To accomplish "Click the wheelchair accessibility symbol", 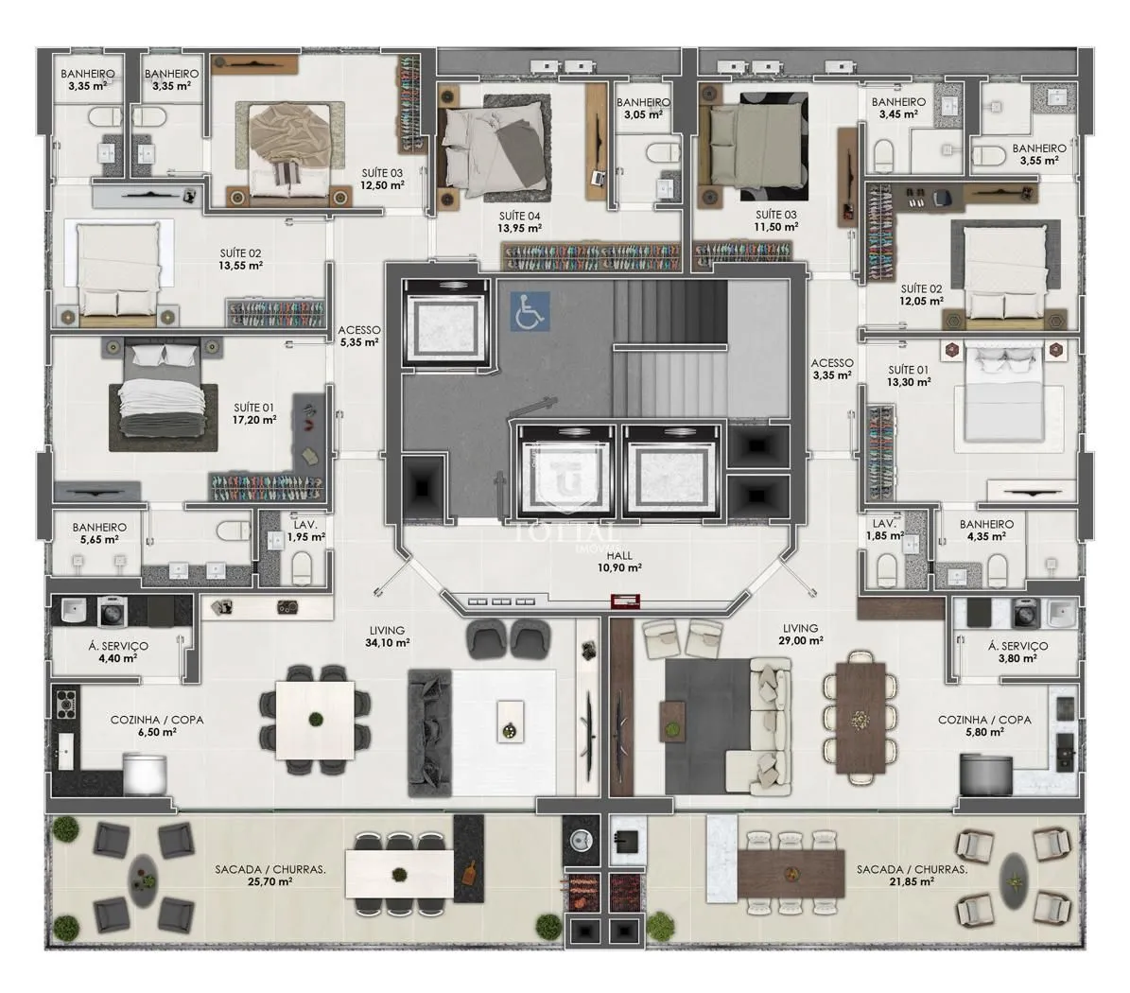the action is (x=530, y=311).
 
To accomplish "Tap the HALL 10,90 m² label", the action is (x=619, y=562).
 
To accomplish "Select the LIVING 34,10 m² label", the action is (x=387, y=636).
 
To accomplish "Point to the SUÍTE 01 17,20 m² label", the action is (x=254, y=413).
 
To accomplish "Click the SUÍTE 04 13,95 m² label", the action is (x=519, y=222).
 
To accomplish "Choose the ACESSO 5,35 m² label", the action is (x=359, y=336).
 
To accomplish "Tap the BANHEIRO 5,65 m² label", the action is (x=99, y=533).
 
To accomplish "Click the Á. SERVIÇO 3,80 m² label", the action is (x=1017, y=653).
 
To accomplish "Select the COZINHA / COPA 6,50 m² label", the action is (x=157, y=725).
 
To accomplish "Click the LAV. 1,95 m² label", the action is (x=305, y=531).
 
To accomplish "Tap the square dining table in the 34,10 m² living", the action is (x=315, y=719).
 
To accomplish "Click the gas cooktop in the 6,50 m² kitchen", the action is (x=66, y=701).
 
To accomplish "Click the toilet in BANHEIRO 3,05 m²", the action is (x=662, y=153).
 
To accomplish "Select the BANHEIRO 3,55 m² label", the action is (x=1038, y=154).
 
